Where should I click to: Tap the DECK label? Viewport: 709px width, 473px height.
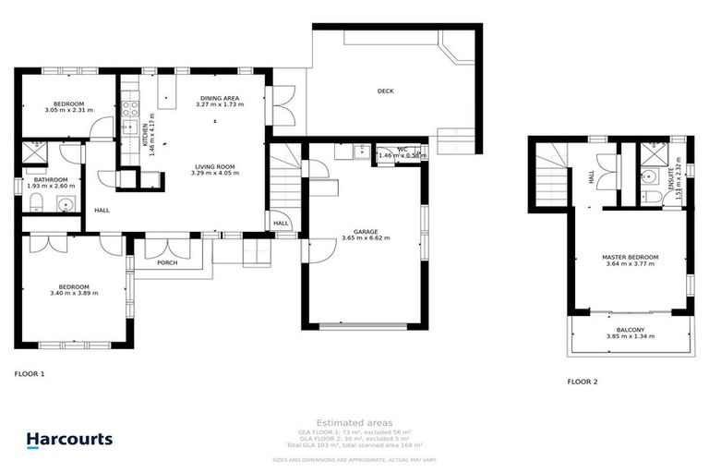pyautogui.click(x=386, y=91)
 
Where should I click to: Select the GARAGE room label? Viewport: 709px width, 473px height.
pyautogui.click(x=366, y=232)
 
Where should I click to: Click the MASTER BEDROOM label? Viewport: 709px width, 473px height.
pyautogui.click(x=630, y=257)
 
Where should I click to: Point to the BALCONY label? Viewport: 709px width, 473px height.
pyautogui.click(x=631, y=330)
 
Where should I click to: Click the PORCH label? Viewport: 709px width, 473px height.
pyautogui.click(x=167, y=262)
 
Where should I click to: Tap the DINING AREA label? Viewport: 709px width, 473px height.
pyautogui.click(x=220, y=98)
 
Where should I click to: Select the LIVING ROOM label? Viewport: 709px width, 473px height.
pyautogui.click(x=213, y=166)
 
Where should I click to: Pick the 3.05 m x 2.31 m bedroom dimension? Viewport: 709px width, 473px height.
pyautogui.click(x=69, y=111)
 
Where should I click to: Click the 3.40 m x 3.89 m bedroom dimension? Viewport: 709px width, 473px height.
pyautogui.click(x=74, y=293)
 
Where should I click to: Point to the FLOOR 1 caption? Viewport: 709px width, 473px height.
pyautogui.click(x=29, y=374)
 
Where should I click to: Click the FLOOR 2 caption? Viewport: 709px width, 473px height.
pyautogui.click(x=583, y=382)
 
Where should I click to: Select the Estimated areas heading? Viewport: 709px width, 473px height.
pyautogui.click(x=354, y=422)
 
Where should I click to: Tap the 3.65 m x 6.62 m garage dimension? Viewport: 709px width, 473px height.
pyautogui.click(x=366, y=238)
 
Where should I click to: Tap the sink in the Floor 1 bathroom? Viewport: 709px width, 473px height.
pyautogui.click(x=66, y=205)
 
